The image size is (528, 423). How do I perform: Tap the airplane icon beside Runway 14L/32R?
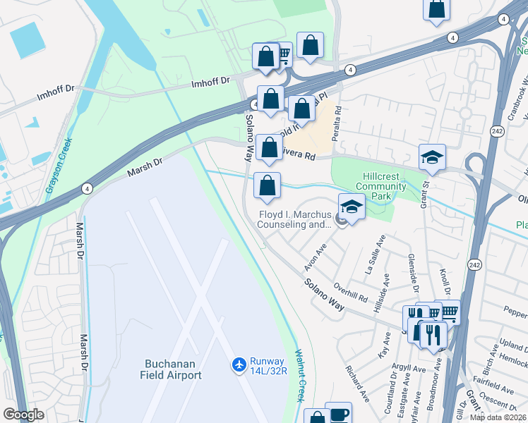pos(239,364)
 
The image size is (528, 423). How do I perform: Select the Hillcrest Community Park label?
pos(380,180)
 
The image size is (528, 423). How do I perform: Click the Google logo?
pos(23,415)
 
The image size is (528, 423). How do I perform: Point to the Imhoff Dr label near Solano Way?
pos(211,82)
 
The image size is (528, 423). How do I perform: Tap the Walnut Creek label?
pos(299,375)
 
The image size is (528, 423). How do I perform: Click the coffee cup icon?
pos(339,413)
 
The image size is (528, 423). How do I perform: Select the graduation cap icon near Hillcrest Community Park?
pos(432,157)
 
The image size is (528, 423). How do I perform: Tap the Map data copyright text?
pos(498,417)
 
